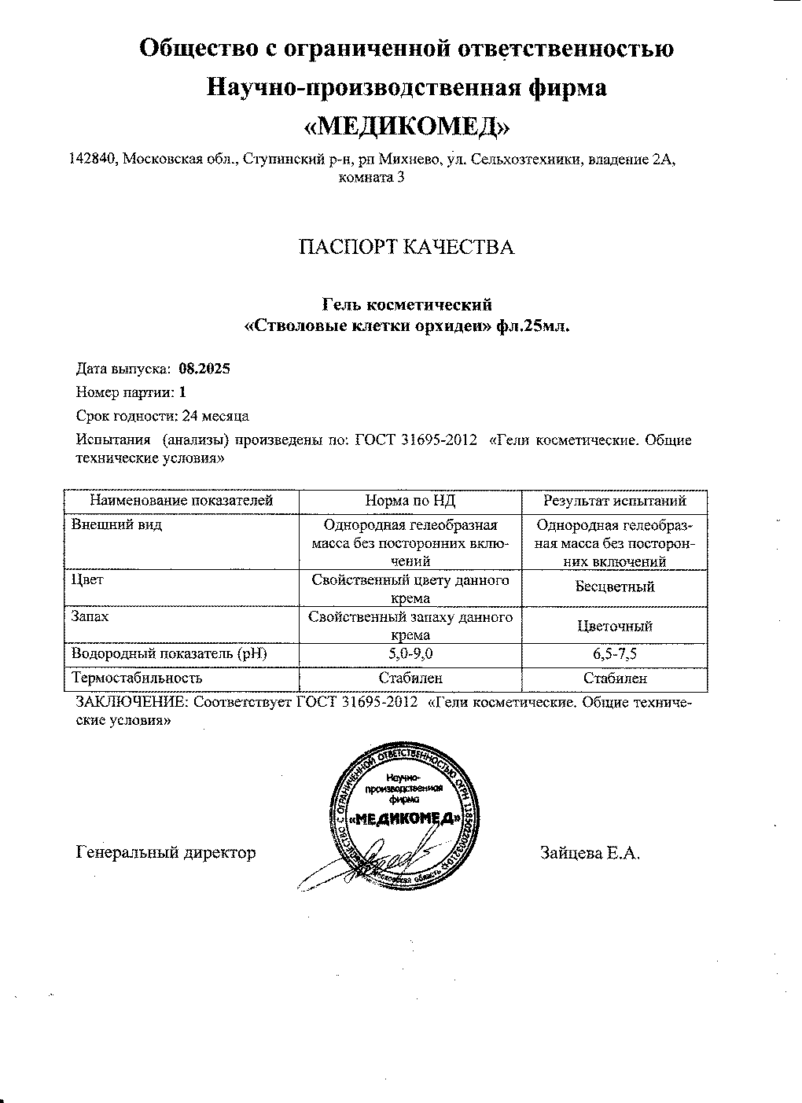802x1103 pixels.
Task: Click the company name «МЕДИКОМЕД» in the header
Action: pyautogui.click(x=406, y=126)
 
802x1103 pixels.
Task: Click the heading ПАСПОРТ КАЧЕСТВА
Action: pyautogui.click(x=406, y=248)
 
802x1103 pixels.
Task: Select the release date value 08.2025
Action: pyautogui.click(x=204, y=368)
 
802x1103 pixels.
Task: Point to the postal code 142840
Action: pyautogui.click(x=93, y=160)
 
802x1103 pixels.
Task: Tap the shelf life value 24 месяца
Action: pyautogui.click(x=215, y=415)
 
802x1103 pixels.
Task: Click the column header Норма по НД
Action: pyautogui.click(x=410, y=501)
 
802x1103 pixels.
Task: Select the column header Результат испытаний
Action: pyautogui.click(x=615, y=501)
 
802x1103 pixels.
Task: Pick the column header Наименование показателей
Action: pyautogui.click(x=181, y=501)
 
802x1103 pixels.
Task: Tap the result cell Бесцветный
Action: pyautogui.click(x=615, y=586)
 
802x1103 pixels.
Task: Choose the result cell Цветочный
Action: pyautogui.click(x=615, y=627)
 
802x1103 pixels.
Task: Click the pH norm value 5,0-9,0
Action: pyautogui.click(x=410, y=653)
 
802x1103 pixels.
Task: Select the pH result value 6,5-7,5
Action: pyautogui.click(x=615, y=653)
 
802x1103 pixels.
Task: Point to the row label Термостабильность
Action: pyautogui.click(x=137, y=678)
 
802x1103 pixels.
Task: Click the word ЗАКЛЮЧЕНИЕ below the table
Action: pyautogui.click(x=131, y=702)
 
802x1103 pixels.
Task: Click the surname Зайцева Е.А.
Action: pyautogui.click(x=590, y=852)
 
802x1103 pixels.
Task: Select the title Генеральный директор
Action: pyautogui.click(x=166, y=852)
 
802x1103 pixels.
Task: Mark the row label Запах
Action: pyautogui.click(x=90, y=617)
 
